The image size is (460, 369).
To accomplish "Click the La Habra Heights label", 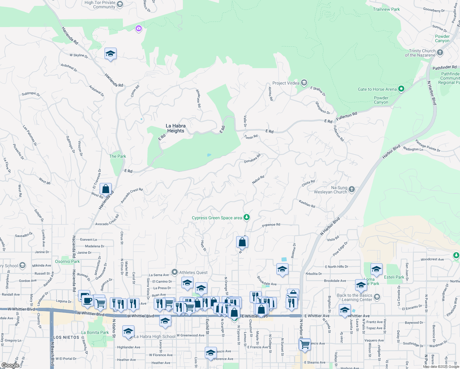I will click(176, 128).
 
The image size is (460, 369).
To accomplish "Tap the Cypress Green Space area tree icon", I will click(246, 217).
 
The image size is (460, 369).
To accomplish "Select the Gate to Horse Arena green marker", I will click(401, 89).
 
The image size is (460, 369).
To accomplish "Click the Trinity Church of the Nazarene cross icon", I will click(440, 53).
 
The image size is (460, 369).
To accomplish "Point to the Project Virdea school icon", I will click(304, 83).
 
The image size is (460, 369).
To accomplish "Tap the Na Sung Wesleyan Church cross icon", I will click(352, 189).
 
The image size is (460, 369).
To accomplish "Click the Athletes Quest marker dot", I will click(175, 272).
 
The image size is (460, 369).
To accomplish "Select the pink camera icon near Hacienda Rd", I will click(139, 29).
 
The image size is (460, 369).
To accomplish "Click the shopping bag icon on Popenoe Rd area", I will click(242, 242).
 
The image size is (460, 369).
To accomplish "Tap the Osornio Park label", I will click(67, 261).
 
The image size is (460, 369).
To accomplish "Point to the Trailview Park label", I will click(386, 9).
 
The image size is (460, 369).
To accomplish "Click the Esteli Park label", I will click(394, 277).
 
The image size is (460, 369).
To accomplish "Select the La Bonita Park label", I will click(95, 332).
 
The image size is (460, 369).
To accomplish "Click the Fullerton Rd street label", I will click(347, 117).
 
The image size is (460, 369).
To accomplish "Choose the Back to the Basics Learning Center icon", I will click(377, 297).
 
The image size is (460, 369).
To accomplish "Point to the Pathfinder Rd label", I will click(444, 67).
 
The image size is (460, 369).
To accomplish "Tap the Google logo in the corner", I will click(10, 365).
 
